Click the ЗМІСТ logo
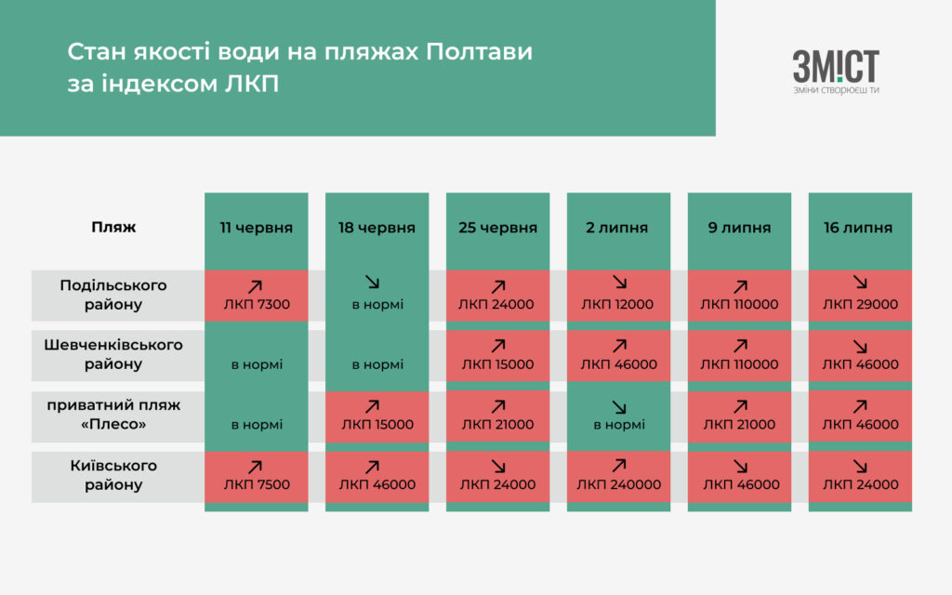coord(836,73)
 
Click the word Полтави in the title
coord(479,52)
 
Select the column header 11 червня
coord(257,229)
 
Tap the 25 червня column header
coord(498,229)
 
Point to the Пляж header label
coord(113,227)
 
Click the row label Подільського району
coord(113,295)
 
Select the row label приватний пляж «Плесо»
coord(113,414)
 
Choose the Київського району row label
coord(113,475)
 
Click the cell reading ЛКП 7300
coord(257,295)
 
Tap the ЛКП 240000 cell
coord(618,477)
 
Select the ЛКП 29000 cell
coord(860,295)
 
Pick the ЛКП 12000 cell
coord(618,295)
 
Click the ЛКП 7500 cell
coord(257,477)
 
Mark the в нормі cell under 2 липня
coord(618,416)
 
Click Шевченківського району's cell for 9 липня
coord(739,355)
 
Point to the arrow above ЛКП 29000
coord(860,283)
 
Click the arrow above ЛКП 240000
coord(618,466)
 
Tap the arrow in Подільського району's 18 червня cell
coord(372,282)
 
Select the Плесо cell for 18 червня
coord(377,416)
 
